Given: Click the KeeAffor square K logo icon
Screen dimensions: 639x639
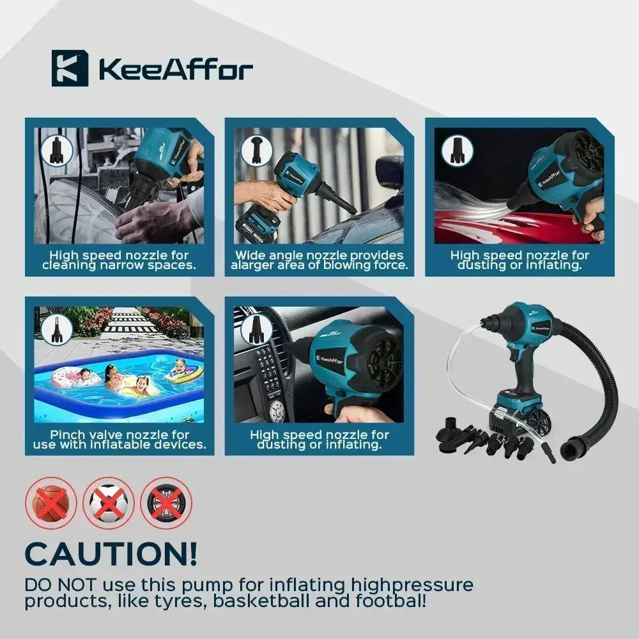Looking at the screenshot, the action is pyautogui.click(x=70, y=68).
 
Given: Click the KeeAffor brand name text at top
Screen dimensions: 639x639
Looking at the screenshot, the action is pyautogui.click(x=176, y=69).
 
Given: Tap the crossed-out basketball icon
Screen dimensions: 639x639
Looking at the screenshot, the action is pyautogui.click(x=51, y=503).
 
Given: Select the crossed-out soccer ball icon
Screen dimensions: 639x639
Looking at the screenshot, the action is pyautogui.click(x=109, y=503).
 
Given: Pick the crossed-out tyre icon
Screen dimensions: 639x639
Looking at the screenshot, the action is pyautogui.click(x=166, y=503).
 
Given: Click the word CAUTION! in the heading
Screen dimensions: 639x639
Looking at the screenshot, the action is pyautogui.click(x=111, y=554).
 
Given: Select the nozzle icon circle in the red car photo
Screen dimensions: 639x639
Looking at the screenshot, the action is pyautogui.click(x=458, y=151).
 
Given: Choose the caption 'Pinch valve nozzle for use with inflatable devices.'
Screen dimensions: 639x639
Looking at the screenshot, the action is pyautogui.click(x=119, y=440).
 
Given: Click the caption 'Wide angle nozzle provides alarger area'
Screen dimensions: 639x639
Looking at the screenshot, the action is pyautogui.click(x=319, y=261).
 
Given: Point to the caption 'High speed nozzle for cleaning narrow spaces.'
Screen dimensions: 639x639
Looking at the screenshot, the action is pyautogui.click(x=119, y=261).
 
